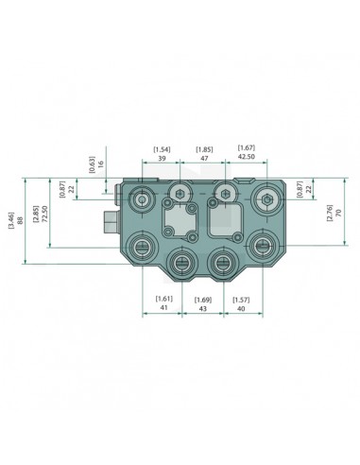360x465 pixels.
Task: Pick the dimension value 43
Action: (x=201, y=309)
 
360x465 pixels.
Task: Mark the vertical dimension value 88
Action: (x=22, y=227)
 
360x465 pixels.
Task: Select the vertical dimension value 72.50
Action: (x=44, y=220)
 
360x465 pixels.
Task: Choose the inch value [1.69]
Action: (x=201, y=299)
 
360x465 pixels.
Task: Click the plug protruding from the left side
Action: (x=109, y=223)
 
